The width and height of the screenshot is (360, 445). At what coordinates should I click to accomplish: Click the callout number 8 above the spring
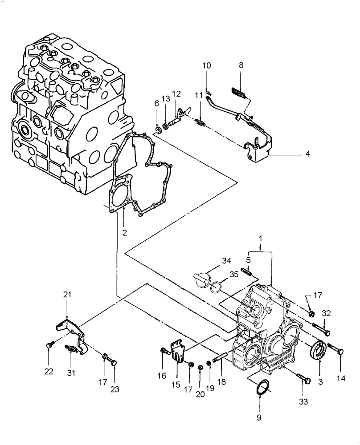[x=241, y=65]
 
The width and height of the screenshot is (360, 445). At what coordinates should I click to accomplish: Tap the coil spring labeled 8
[x=240, y=94]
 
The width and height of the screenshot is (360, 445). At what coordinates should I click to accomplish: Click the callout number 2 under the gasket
[x=125, y=232]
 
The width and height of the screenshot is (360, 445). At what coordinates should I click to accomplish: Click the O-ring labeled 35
[x=217, y=288]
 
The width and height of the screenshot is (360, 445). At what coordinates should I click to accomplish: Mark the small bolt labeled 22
[x=49, y=344]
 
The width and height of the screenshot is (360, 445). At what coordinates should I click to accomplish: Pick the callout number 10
[x=207, y=66]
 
